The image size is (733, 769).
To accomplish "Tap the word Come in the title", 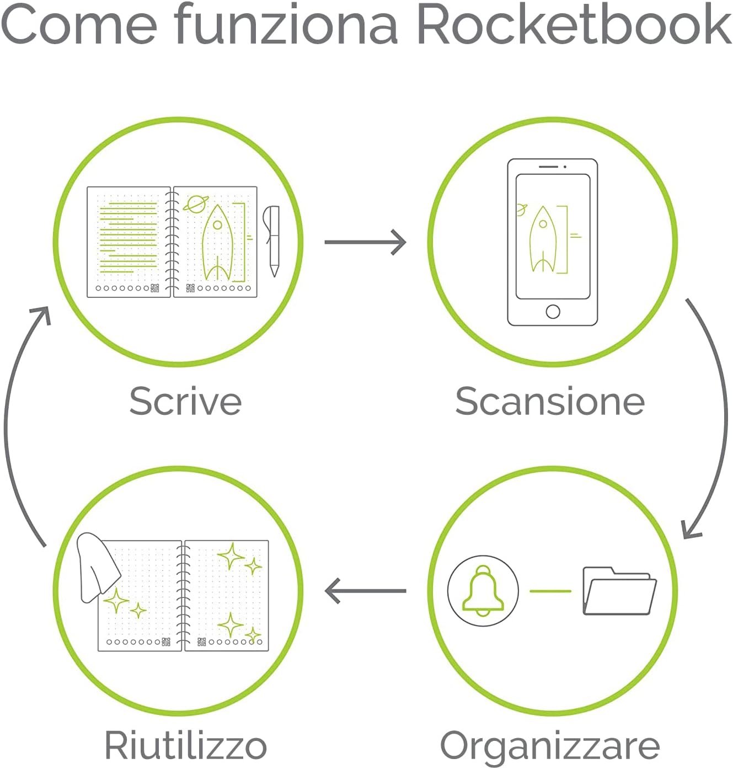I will point(79,25).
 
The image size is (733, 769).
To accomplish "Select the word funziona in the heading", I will point(286,25).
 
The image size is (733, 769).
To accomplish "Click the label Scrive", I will point(185,401).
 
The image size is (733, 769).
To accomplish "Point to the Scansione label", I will point(550,401).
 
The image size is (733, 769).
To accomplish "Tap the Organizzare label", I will point(550,746).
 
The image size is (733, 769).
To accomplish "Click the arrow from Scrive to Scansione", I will point(365,242).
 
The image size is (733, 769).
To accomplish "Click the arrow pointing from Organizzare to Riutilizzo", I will point(365,591).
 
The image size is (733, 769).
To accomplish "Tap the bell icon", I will point(483,591).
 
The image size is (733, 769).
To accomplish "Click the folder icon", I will point(619,591).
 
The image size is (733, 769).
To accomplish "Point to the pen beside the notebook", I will point(272,239).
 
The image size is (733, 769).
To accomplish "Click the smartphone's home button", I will point(553,311).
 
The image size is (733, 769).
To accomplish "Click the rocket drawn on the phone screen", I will point(543,241).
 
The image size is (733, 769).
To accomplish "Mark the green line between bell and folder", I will point(550,591).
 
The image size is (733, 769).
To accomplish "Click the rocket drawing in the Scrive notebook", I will point(217,243).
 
